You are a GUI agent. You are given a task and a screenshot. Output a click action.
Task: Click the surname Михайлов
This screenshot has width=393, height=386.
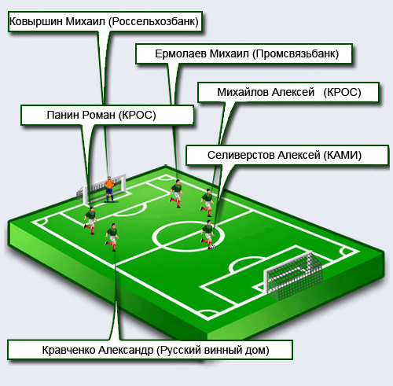click(x=242, y=92)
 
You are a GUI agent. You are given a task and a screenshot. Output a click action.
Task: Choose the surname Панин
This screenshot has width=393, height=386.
click(x=63, y=115)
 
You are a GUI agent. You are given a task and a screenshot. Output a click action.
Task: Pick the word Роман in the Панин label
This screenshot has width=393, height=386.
click(x=98, y=115)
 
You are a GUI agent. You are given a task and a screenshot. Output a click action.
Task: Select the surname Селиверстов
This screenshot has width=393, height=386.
click(x=241, y=155)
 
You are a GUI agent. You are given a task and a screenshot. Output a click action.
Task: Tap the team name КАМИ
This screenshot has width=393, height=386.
click(x=342, y=155)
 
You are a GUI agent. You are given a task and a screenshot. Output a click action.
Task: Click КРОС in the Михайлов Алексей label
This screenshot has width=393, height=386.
click(x=342, y=92)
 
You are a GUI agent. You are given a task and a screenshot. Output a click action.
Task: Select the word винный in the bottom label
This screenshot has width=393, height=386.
click(x=224, y=350)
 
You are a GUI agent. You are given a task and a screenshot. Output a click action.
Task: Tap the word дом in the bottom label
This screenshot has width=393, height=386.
click(x=256, y=350)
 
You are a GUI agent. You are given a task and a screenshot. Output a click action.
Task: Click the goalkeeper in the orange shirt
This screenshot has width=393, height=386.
click(x=109, y=189)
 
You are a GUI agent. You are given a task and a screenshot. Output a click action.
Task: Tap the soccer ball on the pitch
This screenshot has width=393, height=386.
click(x=213, y=247)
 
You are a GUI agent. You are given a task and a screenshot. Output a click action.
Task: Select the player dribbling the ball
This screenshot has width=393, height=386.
click(x=208, y=234)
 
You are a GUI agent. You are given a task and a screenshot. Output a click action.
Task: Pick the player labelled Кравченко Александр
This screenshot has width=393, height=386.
click(x=112, y=237)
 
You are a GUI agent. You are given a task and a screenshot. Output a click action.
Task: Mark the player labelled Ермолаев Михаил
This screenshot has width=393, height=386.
click(x=176, y=193)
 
